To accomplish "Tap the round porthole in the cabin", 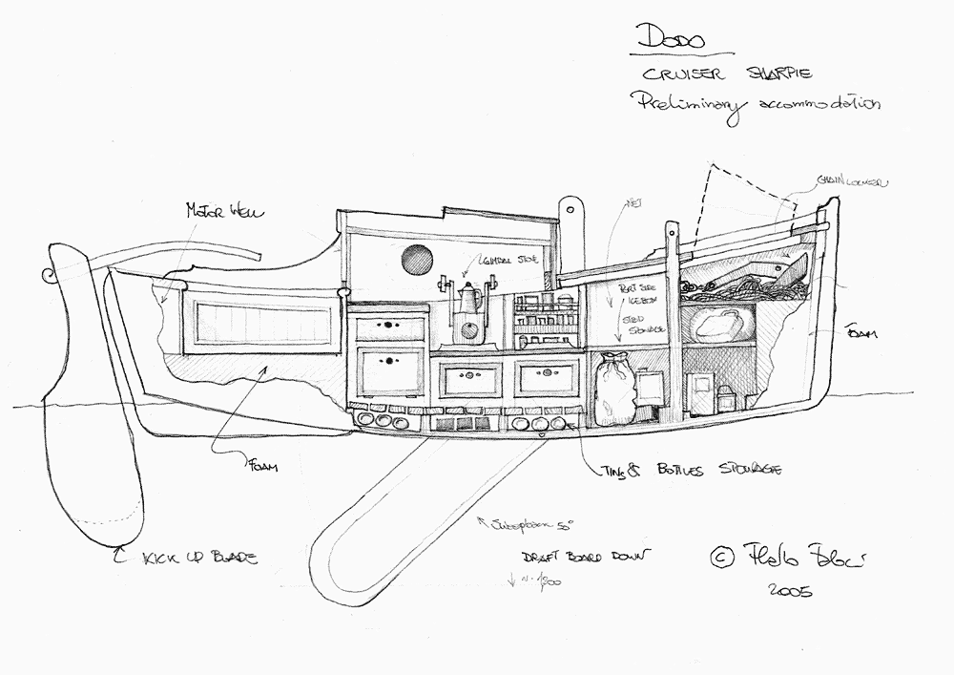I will coord(416,258).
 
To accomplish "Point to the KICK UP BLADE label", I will coord(199,557).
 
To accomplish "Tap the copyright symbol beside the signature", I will coord(722,555).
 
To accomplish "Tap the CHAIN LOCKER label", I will coord(851,182).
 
